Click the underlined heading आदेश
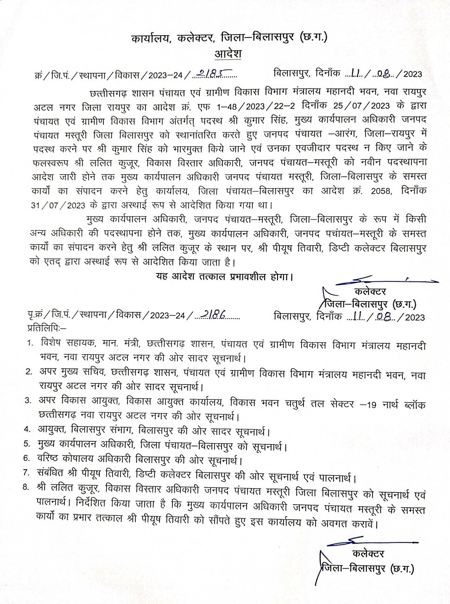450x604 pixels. click(228, 54)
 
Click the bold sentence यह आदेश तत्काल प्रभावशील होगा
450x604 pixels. click(224, 277)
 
